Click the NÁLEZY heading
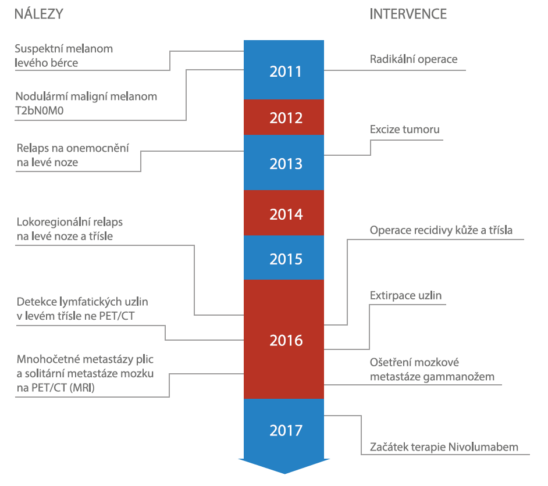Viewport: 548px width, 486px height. (x=39, y=14)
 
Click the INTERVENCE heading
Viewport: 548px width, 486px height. (x=408, y=14)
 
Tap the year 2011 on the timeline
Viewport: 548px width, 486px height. (x=286, y=72)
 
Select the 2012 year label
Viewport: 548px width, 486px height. (x=286, y=118)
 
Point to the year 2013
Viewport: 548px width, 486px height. (x=286, y=164)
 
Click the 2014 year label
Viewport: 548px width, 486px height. (x=286, y=215)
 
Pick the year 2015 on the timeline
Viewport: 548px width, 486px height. (x=286, y=259)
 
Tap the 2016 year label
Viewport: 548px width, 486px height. (x=286, y=341)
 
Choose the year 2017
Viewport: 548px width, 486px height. (x=286, y=431)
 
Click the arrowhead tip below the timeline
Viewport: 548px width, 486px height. (x=284, y=473)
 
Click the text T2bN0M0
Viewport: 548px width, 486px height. (x=40, y=110)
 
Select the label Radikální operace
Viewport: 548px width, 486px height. (x=414, y=59)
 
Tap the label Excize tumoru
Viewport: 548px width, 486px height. (x=405, y=130)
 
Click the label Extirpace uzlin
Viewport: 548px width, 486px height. (x=405, y=296)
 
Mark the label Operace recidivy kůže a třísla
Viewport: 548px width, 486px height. (x=441, y=230)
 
